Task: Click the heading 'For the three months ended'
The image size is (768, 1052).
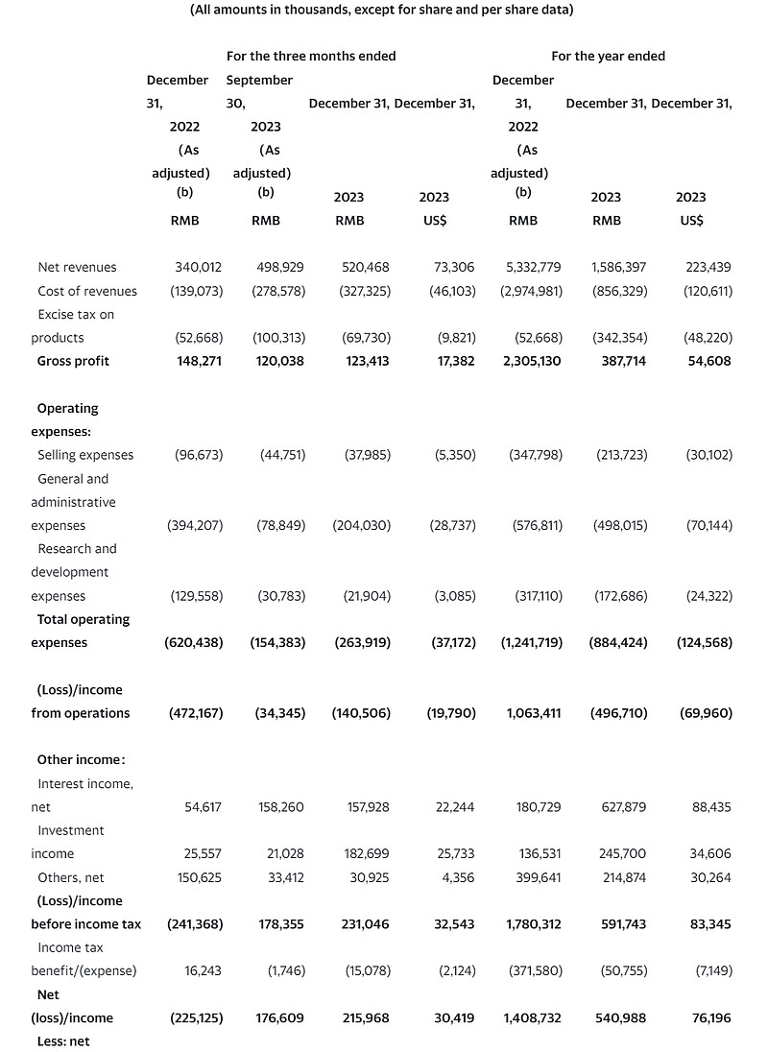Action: (x=310, y=56)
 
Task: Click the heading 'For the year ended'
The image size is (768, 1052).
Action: (x=608, y=56)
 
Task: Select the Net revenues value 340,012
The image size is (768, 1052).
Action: (x=199, y=267)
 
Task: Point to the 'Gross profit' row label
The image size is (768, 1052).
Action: (x=73, y=361)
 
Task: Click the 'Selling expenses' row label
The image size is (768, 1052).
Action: (x=85, y=455)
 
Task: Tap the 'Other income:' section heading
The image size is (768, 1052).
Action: (x=81, y=759)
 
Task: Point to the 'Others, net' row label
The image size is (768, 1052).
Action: (x=71, y=877)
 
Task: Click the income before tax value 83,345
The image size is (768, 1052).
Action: (x=709, y=924)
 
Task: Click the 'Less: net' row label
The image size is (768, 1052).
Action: (x=62, y=1040)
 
